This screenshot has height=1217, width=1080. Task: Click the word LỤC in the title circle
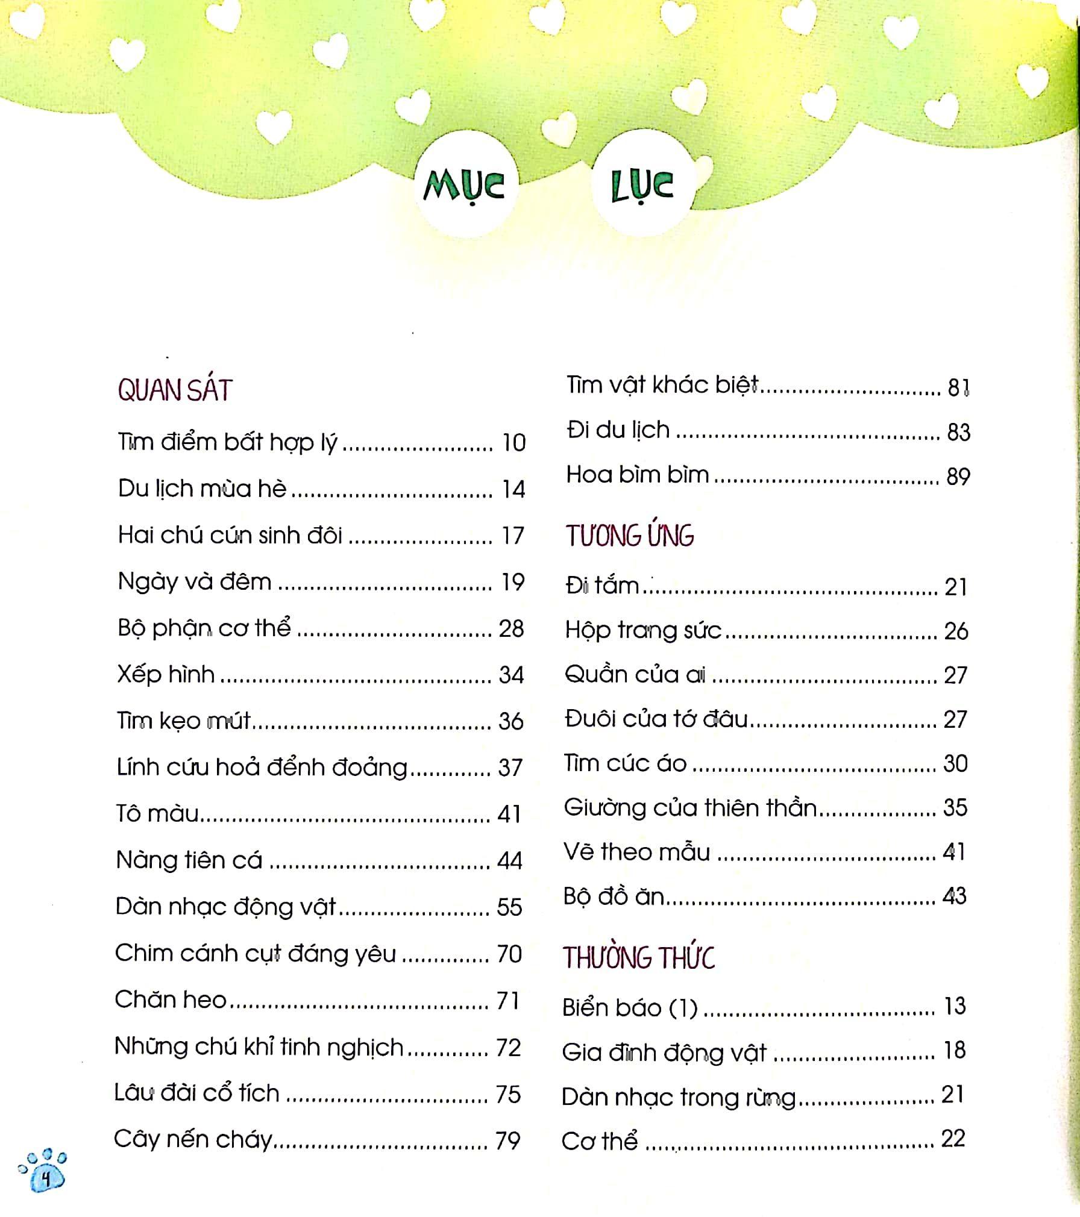(642, 186)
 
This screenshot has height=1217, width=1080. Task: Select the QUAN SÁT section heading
(175, 390)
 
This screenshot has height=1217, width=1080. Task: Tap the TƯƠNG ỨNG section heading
(630, 536)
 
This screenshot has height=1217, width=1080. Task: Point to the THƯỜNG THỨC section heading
(639, 958)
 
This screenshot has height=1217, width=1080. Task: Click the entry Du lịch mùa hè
(202, 489)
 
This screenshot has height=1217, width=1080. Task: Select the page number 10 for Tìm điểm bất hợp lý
(513, 443)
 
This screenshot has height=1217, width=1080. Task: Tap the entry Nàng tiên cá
(189, 860)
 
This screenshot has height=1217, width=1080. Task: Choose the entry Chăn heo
(171, 1000)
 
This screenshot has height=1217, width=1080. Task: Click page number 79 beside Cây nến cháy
(507, 1140)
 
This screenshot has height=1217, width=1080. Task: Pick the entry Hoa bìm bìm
(638, 475)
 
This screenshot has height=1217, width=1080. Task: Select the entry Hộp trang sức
(643, 631)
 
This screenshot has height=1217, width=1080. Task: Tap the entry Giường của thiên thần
(690, 808)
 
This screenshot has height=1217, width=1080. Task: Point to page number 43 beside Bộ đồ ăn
(954, 896)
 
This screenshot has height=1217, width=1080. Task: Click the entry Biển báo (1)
(630, 1008)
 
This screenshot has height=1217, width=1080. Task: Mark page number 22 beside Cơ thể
(953, 1139)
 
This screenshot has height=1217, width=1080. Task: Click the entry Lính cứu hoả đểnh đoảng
(262, 768)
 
